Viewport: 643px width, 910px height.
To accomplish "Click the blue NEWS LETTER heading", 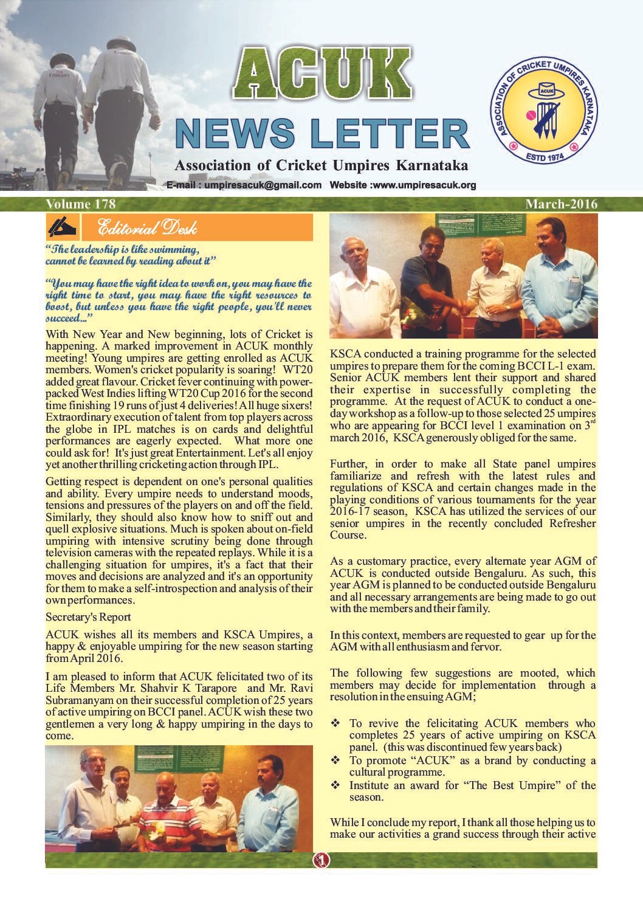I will (x=321, y=134).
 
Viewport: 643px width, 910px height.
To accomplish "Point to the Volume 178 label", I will (x=80, y=204).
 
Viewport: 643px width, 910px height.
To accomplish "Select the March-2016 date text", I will (x=561, y=204).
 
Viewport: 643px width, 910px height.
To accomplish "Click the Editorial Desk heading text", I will (x=146, y=228).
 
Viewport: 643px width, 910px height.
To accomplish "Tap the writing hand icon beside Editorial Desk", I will (x=62, y=227).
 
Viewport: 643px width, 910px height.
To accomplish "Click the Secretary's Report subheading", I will (x=88, y=617).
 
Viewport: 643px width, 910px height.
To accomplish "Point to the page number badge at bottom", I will (x=321, y=860).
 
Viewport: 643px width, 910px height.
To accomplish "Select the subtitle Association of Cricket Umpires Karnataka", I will (x=321, y=165).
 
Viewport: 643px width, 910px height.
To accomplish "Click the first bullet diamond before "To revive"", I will (x=335, y=723).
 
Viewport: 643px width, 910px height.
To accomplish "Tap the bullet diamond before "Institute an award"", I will (x=335, y=785).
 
